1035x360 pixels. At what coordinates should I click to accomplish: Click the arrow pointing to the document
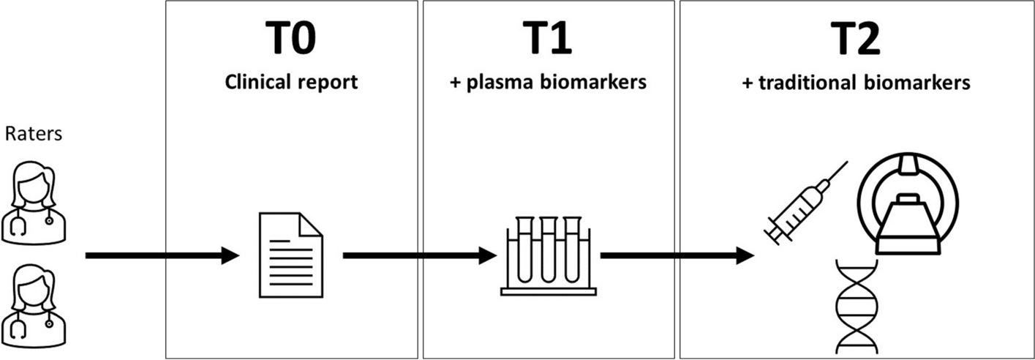click(x=162, y=255)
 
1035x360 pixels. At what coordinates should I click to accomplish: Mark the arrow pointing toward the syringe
click(x=677, y=255)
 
